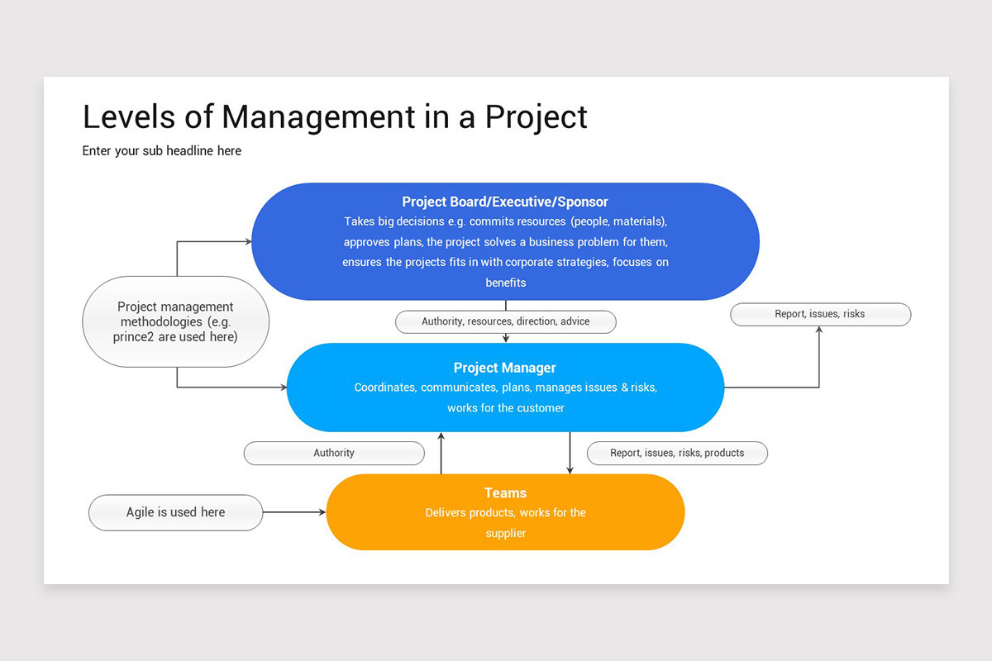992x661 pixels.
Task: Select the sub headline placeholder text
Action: point(162,151)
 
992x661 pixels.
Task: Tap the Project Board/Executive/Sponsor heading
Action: point(505,202)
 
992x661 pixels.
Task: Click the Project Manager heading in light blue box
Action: point(505,368)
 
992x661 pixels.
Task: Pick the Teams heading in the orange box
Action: point(505,493)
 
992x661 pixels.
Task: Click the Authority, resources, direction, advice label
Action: point(505,321)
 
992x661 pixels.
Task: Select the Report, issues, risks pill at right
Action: point(820,314)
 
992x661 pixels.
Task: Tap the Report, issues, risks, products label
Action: point(677,453)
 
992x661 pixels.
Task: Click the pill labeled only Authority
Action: point(334,453)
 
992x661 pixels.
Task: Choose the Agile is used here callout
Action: point(175,512)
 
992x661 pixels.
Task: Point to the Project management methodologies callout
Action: point(175,321)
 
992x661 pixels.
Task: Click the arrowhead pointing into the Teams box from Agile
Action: point(322,512)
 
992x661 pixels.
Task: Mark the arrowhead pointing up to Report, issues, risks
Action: point(819,330)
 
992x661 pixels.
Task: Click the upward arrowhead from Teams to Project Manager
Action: point(441,435)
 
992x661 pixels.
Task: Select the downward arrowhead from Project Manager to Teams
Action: point(570,470)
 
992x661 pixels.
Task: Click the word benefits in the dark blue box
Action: point(505,283)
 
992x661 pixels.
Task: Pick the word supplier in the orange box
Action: point(505,534)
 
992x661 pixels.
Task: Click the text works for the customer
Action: point(505,408)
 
